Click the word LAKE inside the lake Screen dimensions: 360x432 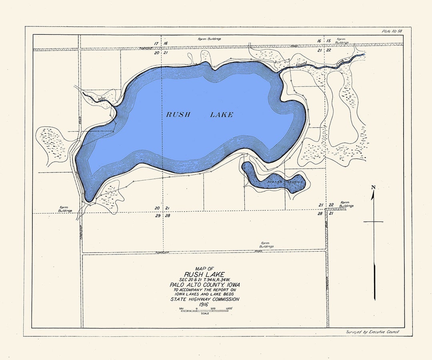tap(222, 115)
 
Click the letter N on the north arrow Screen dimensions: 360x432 tap(373, 187)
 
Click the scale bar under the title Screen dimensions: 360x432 tap(205, 311)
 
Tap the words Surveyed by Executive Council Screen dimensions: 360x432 tap(372, 332)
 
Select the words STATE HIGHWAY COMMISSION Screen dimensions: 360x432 tap(205, 299)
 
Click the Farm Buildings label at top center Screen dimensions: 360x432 tap(210, 39)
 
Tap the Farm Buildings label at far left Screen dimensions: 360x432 tap(64, 209)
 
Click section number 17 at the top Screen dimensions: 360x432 tap(156, 43)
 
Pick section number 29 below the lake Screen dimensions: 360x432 tap(158, 216)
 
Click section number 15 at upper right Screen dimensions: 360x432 tap(328, 41)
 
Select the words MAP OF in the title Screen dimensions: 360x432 tap(205, 268)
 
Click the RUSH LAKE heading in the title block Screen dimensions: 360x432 tap(205, 274)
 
